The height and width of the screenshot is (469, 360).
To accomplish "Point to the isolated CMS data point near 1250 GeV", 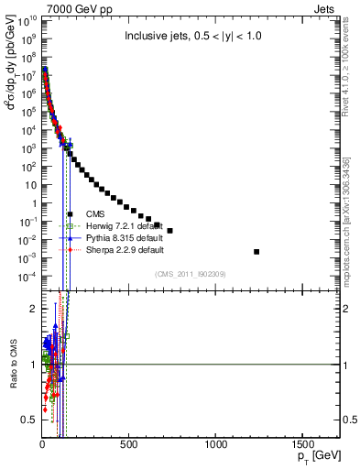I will (x=256, y=251).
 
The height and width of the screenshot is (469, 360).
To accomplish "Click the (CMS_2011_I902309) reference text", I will (x=189, y=273).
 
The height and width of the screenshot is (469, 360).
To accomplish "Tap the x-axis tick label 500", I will (x=129, y=443).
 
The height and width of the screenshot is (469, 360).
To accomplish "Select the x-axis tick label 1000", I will (x=216, y=443).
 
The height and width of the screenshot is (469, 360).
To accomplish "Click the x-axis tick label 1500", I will (x=304, y=443).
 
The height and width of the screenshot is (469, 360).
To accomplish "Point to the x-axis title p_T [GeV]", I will (x=313, y=456).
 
